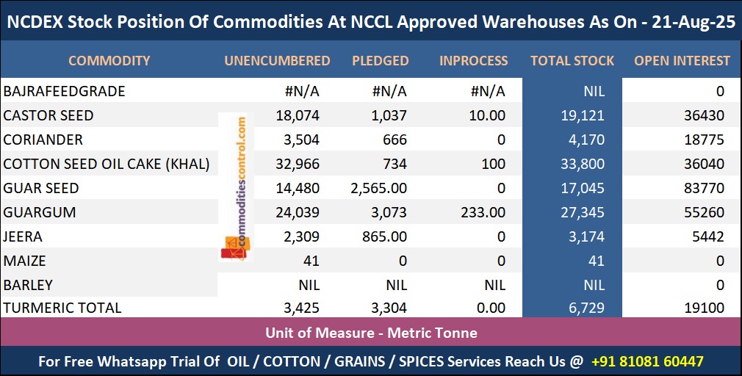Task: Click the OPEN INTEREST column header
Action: tap(682, 61)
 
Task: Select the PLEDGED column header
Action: tap(380, 61)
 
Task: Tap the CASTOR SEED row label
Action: tap(48, 116)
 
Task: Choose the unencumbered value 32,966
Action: tap(295, 164)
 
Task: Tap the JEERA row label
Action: tap(23, 237)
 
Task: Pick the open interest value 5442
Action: tap(707, 237)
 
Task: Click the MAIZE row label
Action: tap(24, 261)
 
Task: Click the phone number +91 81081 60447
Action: tap(647, 361)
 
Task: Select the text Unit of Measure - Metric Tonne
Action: tap(371, 333)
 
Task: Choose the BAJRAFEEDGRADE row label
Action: tap(65, 92)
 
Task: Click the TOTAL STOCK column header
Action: tap(572, 61)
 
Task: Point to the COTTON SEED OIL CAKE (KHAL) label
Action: tap(107, 164)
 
